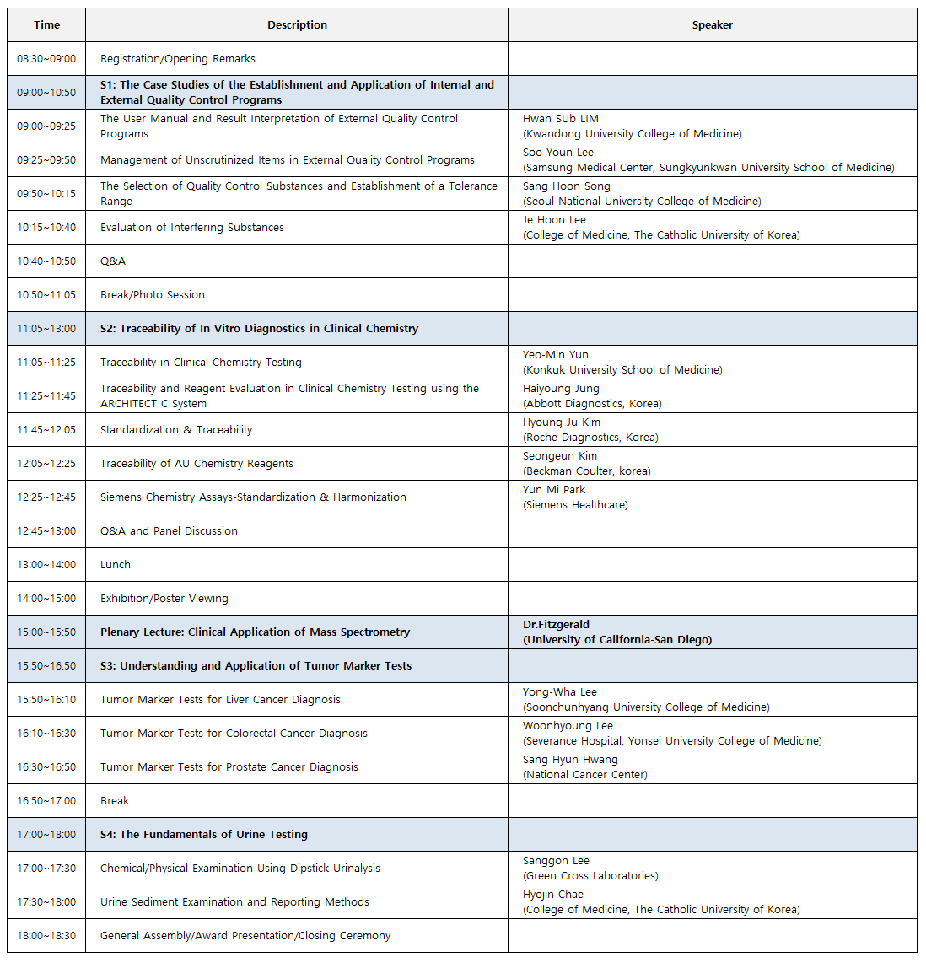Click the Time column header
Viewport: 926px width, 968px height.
point(46,25)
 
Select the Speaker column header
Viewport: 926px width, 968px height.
point(712,25)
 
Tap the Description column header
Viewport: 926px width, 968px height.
point(297,25)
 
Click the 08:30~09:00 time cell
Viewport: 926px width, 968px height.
point(46,59)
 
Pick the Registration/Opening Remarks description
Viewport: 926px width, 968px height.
point(178,59)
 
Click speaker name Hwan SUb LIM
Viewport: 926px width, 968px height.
point(561,119)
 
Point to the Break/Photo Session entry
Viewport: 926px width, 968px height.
point(153,295)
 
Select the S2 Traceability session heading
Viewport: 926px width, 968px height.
point(259,329)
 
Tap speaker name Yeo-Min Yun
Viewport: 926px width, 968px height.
point(556,355)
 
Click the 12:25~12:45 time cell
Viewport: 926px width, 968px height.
point(46,497)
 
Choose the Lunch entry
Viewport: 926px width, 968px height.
point(116,565)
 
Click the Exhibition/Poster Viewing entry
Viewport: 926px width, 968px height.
point(164,599)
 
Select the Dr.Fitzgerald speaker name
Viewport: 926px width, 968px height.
point(557,625)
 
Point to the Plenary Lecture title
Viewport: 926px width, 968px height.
point(255,632)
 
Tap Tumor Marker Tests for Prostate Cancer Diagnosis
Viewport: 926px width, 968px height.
point(229,767)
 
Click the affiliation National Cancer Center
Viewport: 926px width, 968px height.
point(585,775)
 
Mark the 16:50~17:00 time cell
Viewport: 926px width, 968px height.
point(46,801)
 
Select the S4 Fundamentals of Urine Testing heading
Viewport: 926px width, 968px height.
point(204,835)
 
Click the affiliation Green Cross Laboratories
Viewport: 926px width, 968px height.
point(590,876)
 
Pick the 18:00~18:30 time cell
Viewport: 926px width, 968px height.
point(46,936)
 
